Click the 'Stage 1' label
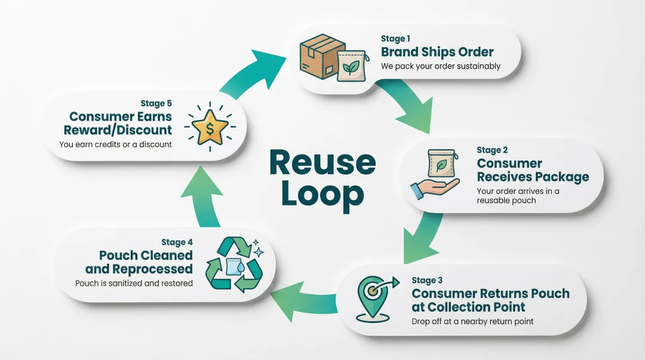pos(392,39)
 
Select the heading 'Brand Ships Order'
pos(437,52)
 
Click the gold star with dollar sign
pos(211,126)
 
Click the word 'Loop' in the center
pos(322,193)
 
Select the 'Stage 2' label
pos(492,150)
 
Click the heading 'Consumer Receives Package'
pos(532,170)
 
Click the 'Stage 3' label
pos(427,280)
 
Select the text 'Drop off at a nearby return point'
pos(472,321)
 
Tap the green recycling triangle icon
pos(234,265)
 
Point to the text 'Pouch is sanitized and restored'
pos(134,282)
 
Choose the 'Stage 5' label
pos(156,103)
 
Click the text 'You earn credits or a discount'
pos(115,144)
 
